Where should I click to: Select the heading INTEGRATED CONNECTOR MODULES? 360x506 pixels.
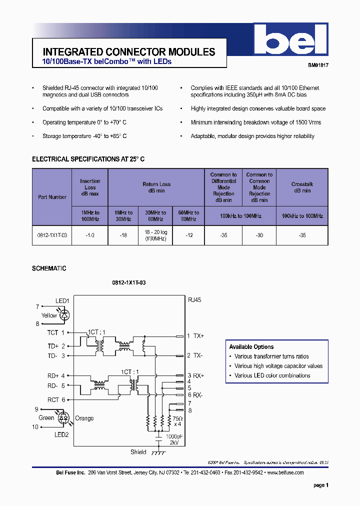click(129, 52)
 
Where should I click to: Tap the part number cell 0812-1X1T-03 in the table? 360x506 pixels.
click(52, 235)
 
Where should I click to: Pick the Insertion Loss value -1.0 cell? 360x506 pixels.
click(90, 235)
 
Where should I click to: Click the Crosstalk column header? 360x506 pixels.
click(302, 187)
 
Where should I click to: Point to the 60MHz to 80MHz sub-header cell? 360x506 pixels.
click(188, 216)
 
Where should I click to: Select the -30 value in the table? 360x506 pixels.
click(259, 235)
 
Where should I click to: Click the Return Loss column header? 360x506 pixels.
click(156, 187)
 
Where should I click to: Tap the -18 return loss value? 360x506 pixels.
click(123, 235)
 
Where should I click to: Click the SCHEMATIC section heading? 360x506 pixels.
click(49, 268)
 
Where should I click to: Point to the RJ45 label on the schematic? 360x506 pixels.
click(194, 300)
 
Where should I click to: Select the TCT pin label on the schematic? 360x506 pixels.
click(53, 332)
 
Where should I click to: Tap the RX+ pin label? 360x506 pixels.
click(198, 375)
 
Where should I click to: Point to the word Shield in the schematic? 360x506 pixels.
click(138, 452)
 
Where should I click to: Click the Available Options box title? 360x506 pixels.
click(251, 347)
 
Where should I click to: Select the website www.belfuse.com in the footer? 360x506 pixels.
click(285, 472)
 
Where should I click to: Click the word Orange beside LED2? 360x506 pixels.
click(84, 418)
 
